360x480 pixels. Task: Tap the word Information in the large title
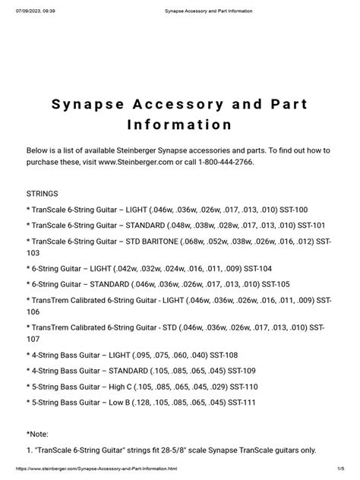coord(180,123)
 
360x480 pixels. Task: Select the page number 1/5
coord(348,471)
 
